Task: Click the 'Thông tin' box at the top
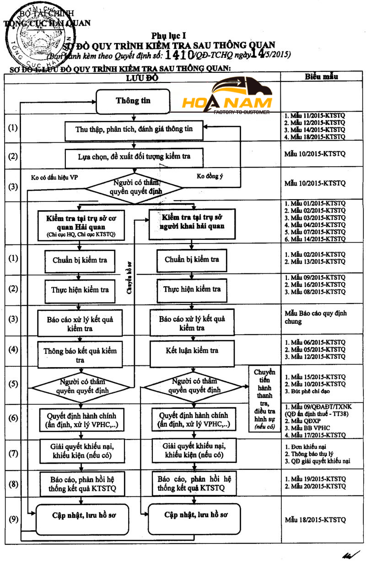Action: tap(133, 101)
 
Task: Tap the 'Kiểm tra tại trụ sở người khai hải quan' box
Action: tap(192, 223)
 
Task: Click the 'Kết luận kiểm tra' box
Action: tap(192, 351)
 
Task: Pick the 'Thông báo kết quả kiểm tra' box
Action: tap(80, 355)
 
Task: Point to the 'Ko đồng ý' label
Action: tap(209, 176)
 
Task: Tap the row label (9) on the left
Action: tap(14, 519)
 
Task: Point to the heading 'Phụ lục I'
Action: tap(167, 35)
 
